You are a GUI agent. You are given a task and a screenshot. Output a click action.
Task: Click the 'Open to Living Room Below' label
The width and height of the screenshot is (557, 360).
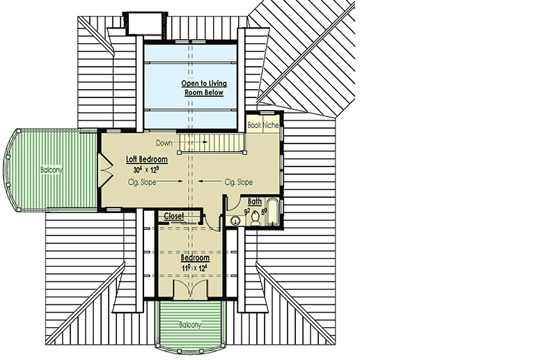(205, 88)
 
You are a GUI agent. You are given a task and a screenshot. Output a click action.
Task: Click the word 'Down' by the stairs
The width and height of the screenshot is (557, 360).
(164, 143)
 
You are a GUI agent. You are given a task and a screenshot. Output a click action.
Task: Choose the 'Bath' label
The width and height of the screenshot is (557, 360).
(255, 202)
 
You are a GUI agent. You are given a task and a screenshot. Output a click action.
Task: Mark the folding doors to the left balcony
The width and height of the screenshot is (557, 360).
(104, 169)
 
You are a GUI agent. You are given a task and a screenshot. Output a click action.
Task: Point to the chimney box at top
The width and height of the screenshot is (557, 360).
(142, 22)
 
